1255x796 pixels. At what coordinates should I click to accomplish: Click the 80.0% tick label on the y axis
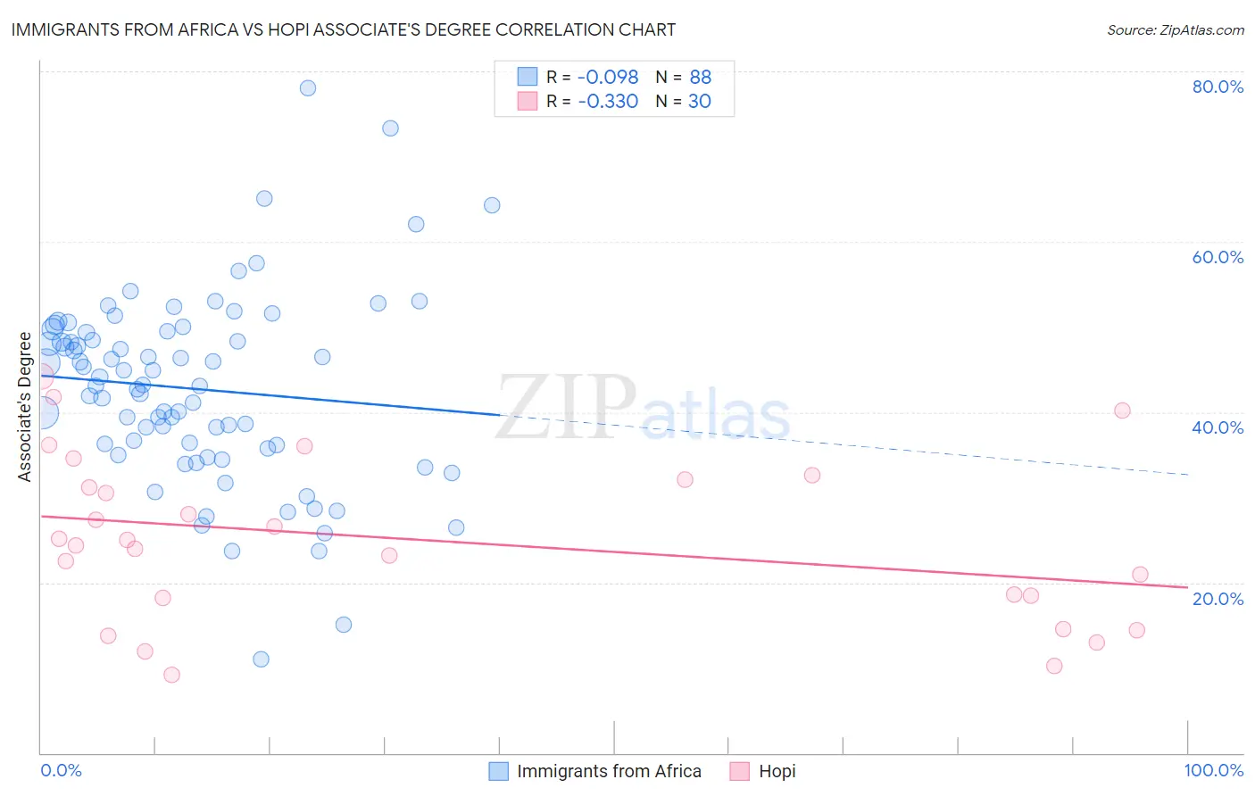coord(1218,87)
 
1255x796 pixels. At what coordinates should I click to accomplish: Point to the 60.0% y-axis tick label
coord(1218,257)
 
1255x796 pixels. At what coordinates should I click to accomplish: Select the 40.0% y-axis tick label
coord(1218,427)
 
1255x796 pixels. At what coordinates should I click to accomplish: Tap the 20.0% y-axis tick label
coord(1218,598)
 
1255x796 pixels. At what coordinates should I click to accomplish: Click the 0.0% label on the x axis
coord(61,770)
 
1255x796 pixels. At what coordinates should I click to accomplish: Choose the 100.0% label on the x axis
coord(1213,770)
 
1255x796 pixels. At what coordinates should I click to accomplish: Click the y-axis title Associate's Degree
coord(25,407)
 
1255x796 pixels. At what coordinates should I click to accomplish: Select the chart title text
coord(344,29)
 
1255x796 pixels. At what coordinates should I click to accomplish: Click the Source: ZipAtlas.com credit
coord(1175,29)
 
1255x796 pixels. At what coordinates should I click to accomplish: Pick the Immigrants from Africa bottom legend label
coord(609,771)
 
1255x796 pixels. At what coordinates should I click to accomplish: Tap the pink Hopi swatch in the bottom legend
coord(739,771)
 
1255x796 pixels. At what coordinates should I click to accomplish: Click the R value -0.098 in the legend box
coord(608,77)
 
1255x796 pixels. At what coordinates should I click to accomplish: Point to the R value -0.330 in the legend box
coord(608,101)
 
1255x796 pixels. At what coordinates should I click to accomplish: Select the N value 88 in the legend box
coord(700,77)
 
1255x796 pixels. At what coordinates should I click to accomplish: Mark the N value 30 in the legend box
coord(699,101)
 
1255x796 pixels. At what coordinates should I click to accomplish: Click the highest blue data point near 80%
coord(308,87)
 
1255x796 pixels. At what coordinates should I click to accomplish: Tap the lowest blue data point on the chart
coord(261,659)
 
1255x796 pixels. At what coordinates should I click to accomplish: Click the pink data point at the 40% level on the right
coord(1122,410)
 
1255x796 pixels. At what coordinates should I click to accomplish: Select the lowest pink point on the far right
coord(1054,666)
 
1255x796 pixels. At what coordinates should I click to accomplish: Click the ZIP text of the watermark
coord(566,408)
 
